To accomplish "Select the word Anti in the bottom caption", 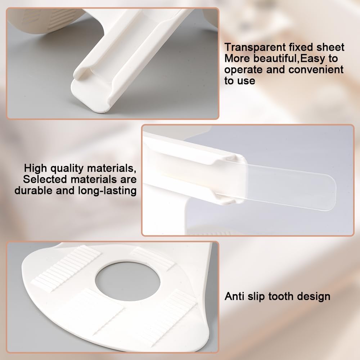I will [235, 296].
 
